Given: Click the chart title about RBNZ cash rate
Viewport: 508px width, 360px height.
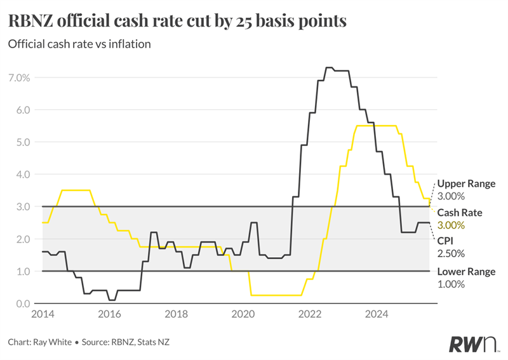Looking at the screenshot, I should [177, 20].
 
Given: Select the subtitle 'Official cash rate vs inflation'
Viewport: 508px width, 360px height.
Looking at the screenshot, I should [79, 44].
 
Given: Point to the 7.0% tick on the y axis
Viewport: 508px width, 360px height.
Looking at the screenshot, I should [18, 77].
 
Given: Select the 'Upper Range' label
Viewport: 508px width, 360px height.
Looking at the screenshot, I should [466, 183].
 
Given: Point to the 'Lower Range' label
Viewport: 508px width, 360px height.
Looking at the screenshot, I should [467, 272].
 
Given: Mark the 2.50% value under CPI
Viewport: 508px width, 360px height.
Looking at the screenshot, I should [451, 253].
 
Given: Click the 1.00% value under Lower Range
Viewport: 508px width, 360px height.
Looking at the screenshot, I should [451, 284].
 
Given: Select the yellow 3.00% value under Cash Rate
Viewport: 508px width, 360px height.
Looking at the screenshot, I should [451, 225].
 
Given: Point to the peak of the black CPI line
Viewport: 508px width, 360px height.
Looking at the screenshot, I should [329, 67].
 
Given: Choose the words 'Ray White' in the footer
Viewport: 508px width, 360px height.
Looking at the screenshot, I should [54, 342].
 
